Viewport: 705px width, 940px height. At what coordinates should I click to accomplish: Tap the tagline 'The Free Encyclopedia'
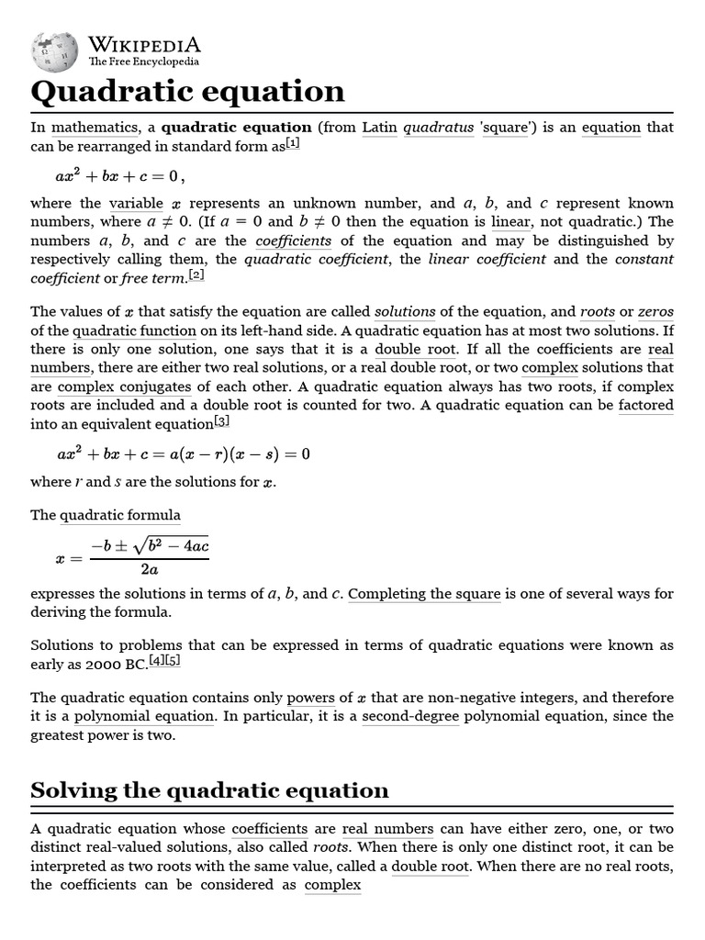tap(143, 62)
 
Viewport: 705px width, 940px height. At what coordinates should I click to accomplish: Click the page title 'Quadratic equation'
tap(188, 92)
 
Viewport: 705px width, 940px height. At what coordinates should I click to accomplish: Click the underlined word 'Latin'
tap(379, 128)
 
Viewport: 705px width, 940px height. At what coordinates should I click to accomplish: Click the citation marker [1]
tap(293, 143)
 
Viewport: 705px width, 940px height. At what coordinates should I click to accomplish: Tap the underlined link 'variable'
tap(136, 204)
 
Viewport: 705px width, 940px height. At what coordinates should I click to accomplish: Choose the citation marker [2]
tap(196, 274)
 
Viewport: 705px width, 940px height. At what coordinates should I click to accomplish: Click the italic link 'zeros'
tap(655, 312)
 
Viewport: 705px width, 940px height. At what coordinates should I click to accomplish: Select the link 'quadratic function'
tap(135, 331)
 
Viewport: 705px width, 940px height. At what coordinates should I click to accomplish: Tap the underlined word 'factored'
tap(645, 406)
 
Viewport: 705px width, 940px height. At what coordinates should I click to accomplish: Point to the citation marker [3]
tap(221, 421)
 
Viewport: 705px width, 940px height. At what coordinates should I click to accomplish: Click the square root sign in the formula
tap(140, 548)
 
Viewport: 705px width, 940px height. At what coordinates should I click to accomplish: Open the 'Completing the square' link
tap(424, 594)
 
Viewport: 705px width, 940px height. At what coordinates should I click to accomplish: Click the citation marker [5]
tap(172, 662)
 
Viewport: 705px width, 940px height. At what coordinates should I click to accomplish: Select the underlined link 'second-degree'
tap(410, 716)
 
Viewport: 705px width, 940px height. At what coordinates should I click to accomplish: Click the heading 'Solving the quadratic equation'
tap(210, 790)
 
